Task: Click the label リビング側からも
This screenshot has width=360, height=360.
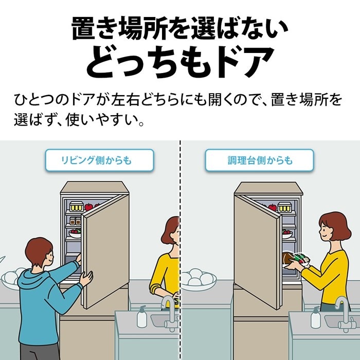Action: pyautogui.click(x=96, y=160)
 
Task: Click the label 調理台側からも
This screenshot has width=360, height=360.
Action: pyautogui.click(x=260, y=160)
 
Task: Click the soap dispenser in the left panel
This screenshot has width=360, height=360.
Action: pyautogui.click(x=141, y=317)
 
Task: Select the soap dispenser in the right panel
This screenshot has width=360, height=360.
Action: pyautogui.click(x=315, y=317)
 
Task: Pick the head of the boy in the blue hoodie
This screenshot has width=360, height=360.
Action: pyautogui.click(x=39, y=253)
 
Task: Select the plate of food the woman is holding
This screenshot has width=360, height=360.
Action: pyautogui.click(x=296, y=260)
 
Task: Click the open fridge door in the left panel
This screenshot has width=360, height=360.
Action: pyautogui.click(x=105, y=251)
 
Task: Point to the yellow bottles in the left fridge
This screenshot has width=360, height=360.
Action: pyautogui.click(x=76, y=207)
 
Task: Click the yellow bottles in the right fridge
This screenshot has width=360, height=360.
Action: pyautogui.click(x=284, y=207)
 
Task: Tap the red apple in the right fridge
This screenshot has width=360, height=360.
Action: pyautogui.click(x=273, y=207)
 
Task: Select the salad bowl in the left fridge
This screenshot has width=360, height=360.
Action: pyautogui.click(x=75, y=233)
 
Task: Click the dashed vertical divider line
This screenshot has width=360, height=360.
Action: pyautogui.click(x=180, y=250)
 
